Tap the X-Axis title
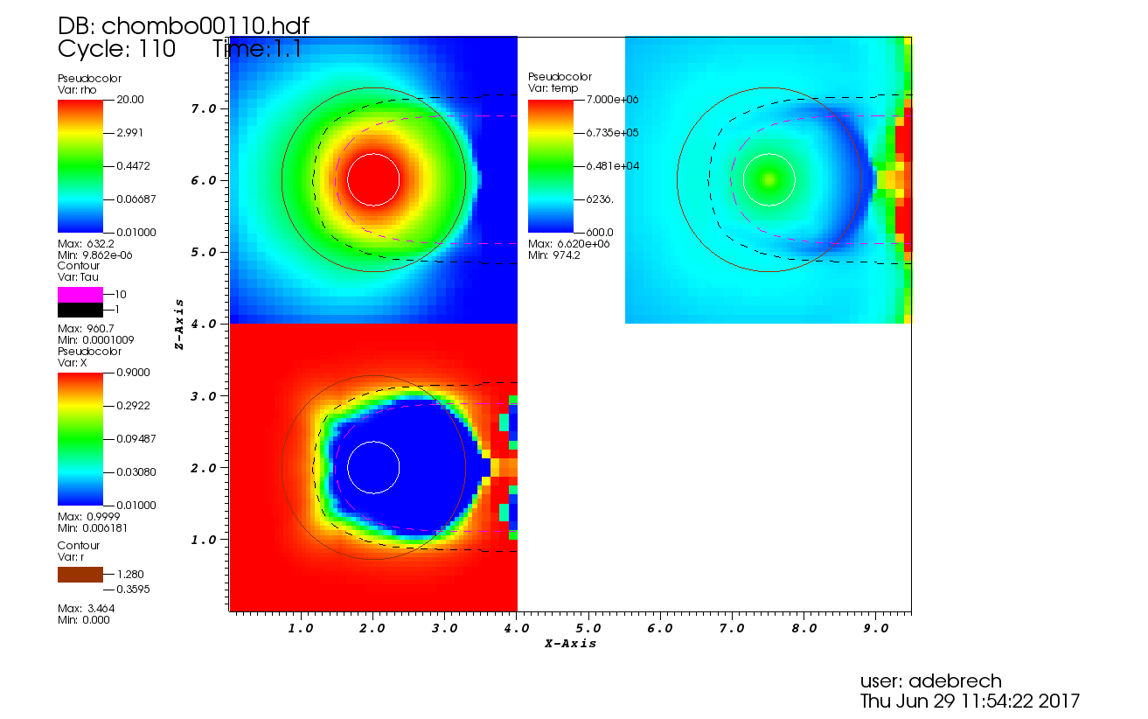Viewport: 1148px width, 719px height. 570,644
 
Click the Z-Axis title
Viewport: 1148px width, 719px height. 179,324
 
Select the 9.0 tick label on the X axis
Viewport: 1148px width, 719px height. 875,628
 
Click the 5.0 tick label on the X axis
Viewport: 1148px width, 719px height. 588,628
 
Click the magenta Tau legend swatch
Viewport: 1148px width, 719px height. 80,295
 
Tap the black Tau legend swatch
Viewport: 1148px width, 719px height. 80,310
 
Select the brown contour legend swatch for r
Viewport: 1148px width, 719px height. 80,575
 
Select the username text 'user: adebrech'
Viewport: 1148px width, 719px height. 931,681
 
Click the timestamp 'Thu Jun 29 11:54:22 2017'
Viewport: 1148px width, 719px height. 970,701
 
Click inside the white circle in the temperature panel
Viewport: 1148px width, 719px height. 769,180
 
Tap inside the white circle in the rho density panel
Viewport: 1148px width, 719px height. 373,180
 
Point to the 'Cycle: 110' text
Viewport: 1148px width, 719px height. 116,49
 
